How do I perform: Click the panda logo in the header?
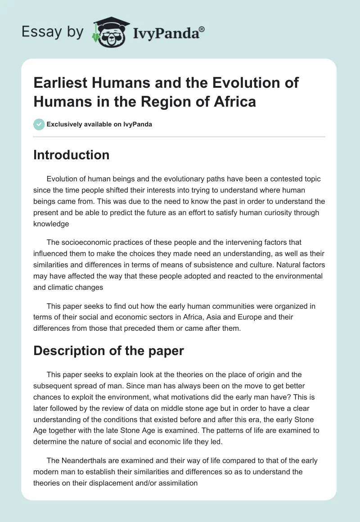(110, 32)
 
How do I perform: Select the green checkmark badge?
(39, 124)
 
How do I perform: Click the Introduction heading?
(71, 155)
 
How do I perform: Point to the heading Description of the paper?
(108, 351)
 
